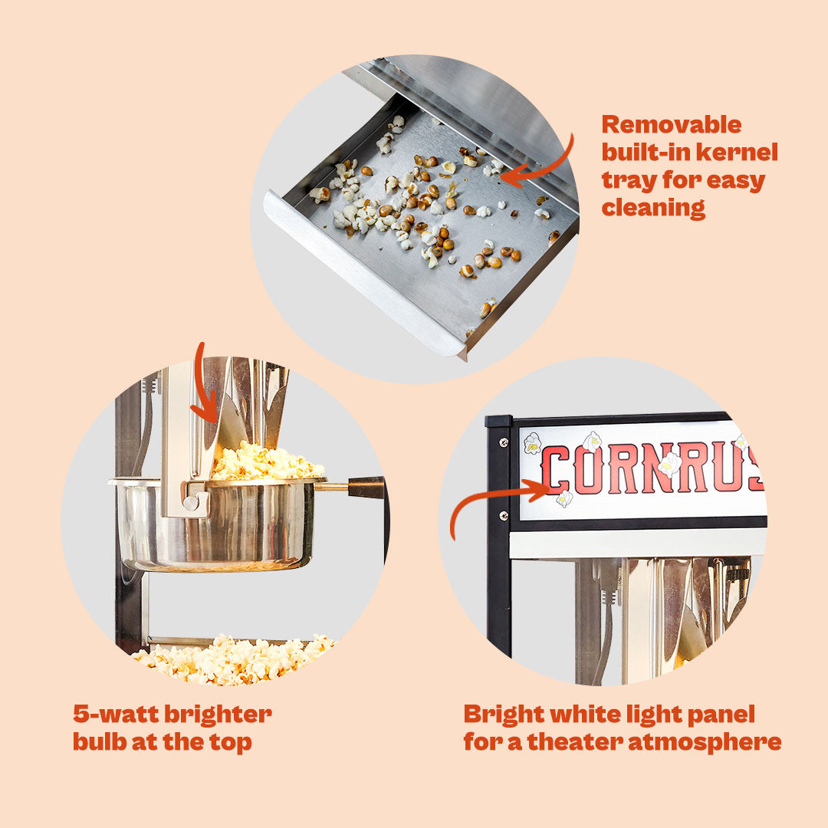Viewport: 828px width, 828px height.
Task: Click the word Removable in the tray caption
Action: (x=671, y=125)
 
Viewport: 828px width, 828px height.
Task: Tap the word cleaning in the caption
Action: (x=653, y=208)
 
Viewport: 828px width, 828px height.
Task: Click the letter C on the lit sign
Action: (x=555, y=470)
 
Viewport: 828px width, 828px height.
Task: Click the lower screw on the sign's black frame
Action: (x=503, y=515)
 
